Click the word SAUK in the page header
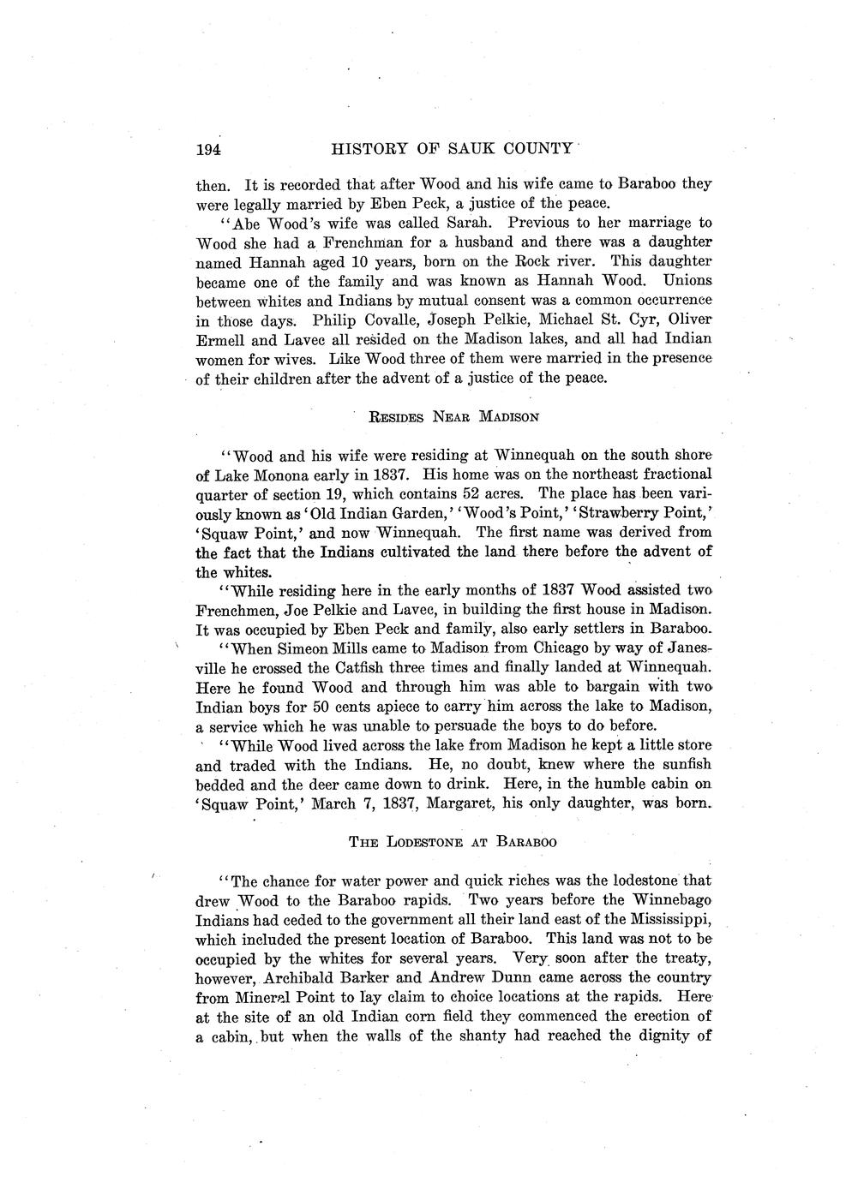click(463, 150)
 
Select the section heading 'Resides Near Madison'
click(453, 418)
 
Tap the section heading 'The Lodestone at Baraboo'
click(453, 842)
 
